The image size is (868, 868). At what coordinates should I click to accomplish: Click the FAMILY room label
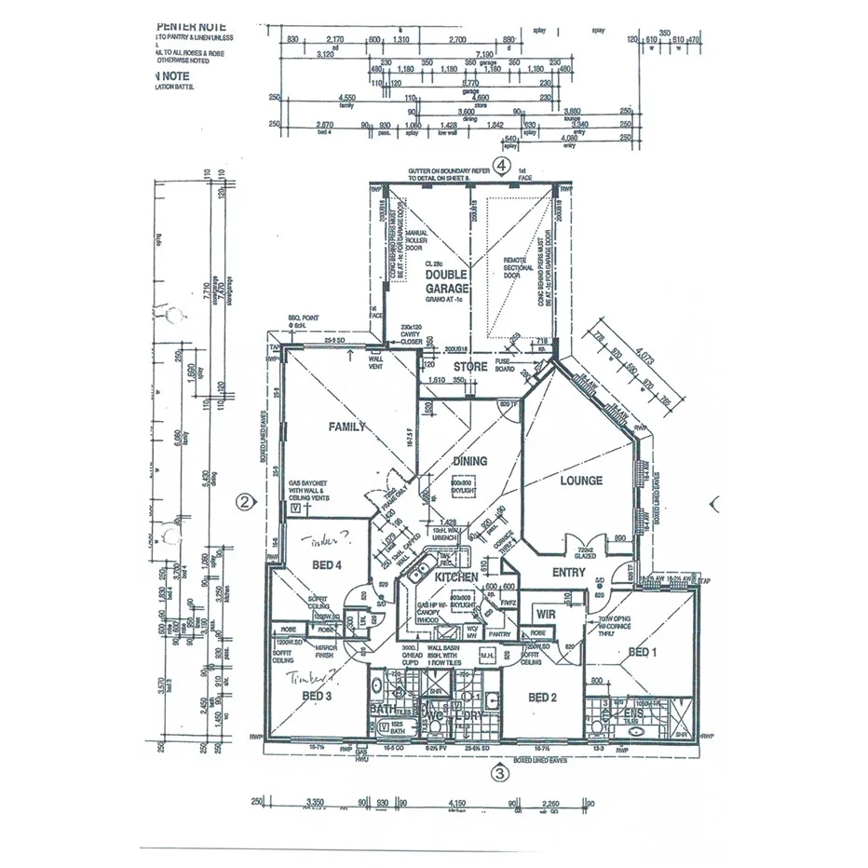pyautogui.click(x=346, y=427)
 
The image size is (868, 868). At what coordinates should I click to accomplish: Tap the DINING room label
pyautogui.click(x=469, y=461)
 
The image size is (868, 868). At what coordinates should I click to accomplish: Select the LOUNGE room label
pyautogui.click(x=581, y=481)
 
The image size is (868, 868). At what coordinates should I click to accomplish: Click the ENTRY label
pyautogui.click(x=570, y=573)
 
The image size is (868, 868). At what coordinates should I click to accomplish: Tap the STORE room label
pyautogui.click(x=470, y=367)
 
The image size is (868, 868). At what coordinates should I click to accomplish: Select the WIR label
pyautogui.click(x=545, y=614)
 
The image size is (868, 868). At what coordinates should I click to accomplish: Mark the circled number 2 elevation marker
pyautogui.click(x=244, y=503)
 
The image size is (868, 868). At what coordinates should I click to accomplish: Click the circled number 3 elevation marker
pyautogui.click(x=500, y=772)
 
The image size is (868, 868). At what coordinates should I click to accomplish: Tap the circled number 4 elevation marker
pyautogui.click(x=502, y=166)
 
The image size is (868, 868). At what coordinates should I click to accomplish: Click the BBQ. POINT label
pyautogui.click(x=304, y=320)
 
